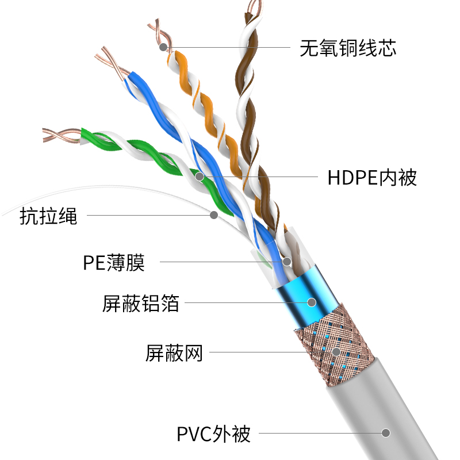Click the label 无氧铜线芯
(348, 48)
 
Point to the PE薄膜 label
(113, 262)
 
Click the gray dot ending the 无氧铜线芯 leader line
(164, 47)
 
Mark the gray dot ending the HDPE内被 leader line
(200, 177)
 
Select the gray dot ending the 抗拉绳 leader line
(214, 215)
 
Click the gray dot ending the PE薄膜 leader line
(286, 262)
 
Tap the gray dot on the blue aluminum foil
(312, 301)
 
